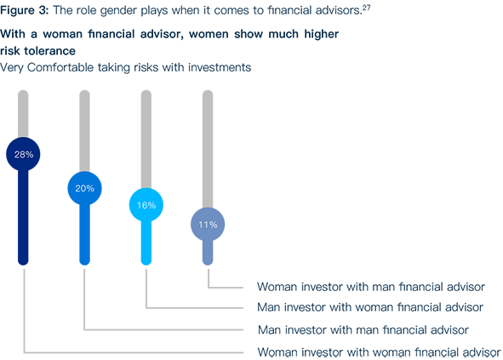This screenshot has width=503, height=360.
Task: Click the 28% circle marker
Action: [x=23, y=154]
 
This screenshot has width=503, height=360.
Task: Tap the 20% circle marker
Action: [x=85, y=188]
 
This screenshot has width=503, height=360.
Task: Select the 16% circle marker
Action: [x=146, y=205]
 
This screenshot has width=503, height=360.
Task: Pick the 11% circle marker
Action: [x=208, y=225]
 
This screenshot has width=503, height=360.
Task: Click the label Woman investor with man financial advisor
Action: [x=371, y=287]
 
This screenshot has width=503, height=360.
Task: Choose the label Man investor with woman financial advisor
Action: [x=370, y=307]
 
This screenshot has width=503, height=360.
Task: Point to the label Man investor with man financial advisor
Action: [x=363, y=329]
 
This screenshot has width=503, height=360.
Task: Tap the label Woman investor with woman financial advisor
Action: [x=380, y=352]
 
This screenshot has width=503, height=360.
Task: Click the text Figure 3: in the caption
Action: [x=25, y=10]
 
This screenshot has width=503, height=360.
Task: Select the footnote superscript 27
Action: [x=366, y=7]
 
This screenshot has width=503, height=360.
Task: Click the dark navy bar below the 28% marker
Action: [x=23, y=218]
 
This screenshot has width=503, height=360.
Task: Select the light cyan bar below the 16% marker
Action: [x=146, y=243]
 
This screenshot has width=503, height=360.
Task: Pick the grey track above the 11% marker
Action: [x=208, y=149]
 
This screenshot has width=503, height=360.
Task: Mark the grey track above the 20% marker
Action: [x=85, y=131]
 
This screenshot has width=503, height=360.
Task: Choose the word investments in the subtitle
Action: [x=220, y=67]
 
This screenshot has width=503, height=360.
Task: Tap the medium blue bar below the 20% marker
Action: [x=85, y=235]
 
